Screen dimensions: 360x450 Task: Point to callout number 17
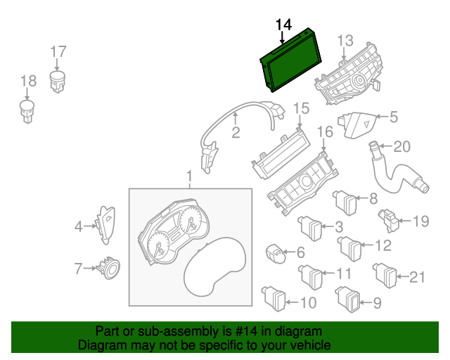[58, 51]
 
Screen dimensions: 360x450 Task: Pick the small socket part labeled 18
[28, 110]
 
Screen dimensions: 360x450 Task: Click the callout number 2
[236, 131]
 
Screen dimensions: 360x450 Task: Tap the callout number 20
[401, 146]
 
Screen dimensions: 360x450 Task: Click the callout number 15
[301, 108]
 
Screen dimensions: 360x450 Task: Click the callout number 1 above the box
[188, 174]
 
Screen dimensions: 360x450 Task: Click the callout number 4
[79, 226]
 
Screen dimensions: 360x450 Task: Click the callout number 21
[417, 277]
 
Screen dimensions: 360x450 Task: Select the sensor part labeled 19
[388, 220]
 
